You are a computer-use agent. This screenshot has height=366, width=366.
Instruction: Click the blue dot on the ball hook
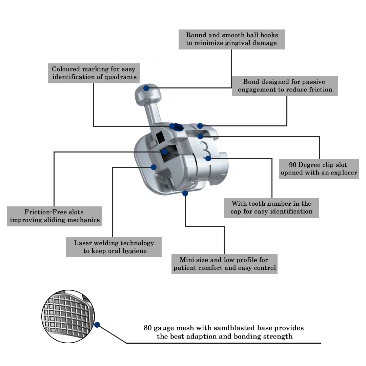(x=146, y=88)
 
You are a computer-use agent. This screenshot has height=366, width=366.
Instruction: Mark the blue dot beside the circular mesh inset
(x=97, y=325)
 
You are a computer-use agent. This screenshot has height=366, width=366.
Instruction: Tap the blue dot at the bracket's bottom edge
(x=185, y=193)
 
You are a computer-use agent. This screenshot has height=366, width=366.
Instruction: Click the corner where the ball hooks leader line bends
(x=231, y=88)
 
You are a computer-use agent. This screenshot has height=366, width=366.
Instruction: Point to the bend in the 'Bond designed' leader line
(x=287, y=126)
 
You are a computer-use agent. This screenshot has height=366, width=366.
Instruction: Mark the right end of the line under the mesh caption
(x=321, y=343)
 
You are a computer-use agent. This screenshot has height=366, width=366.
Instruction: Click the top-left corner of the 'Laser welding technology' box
(x=66, y=237)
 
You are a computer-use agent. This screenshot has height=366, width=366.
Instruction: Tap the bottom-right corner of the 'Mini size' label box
(x=277, y=274)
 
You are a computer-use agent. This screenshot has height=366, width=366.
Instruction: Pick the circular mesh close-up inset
(x=68, y=316)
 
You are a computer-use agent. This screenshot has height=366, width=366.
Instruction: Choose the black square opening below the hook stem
(x=160, y=137)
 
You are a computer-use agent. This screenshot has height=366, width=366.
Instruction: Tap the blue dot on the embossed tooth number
(x=208, y=159)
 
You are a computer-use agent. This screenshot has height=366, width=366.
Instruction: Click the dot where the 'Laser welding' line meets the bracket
(x=154, y=167)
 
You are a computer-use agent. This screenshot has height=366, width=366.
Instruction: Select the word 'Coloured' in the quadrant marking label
(x=66, y=69)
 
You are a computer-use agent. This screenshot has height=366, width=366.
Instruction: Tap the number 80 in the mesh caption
(x=147, y=328)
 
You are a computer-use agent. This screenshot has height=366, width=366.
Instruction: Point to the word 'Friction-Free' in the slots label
(x=45, y=212)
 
